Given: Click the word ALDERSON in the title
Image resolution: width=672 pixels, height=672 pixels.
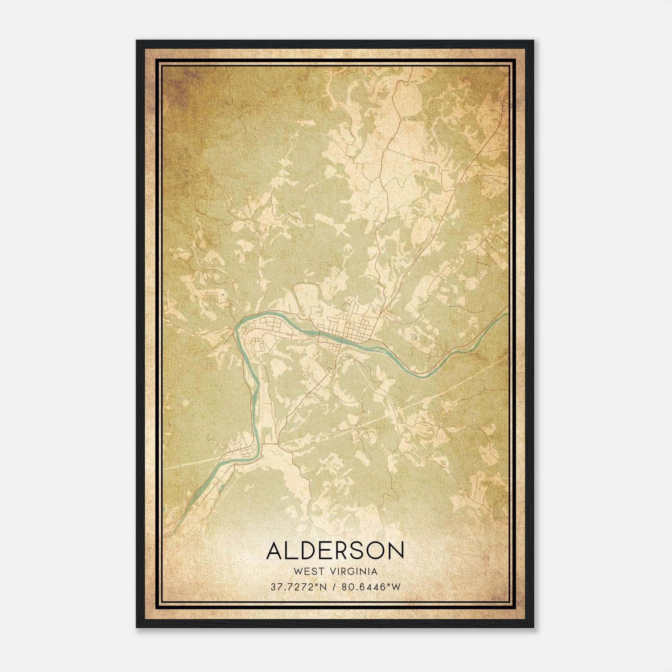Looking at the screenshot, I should (335, 551).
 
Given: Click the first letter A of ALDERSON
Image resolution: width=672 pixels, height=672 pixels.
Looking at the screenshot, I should (275, 551).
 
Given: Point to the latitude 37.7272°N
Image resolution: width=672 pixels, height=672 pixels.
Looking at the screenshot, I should (298, 587).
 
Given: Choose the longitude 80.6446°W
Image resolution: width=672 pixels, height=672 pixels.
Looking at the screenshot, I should (371, 587).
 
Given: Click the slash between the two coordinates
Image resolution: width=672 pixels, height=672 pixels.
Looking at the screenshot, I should (335, 587).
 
